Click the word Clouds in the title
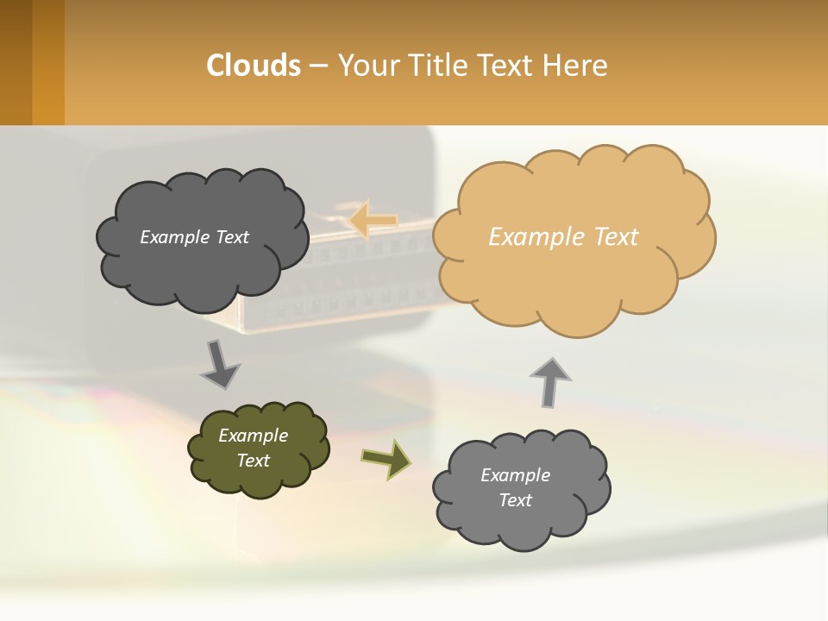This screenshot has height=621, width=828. pos(253,66)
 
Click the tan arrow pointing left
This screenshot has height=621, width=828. pos(373,220)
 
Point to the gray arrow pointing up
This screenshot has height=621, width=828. pos(550,380)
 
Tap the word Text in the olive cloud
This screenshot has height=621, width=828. pos(254,461)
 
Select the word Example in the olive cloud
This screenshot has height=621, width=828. pos(254,436)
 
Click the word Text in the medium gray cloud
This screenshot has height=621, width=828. pos(515,500)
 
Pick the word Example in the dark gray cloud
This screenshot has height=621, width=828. pos(175,237)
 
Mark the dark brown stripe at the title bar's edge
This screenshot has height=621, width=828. pos(16,62)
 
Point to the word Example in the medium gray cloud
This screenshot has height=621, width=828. pos(515,475)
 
